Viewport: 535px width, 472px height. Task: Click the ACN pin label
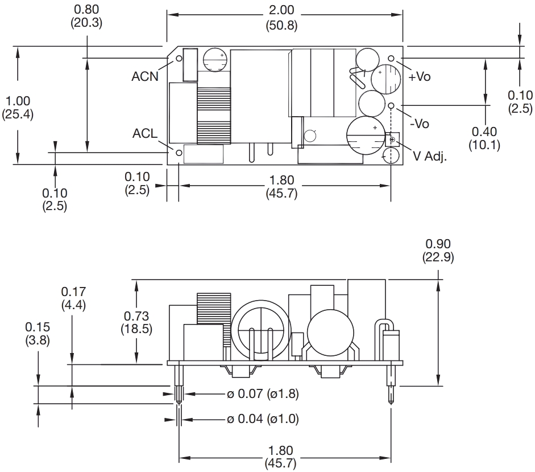145,77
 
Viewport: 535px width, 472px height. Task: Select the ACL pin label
145,134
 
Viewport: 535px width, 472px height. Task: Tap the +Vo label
419,77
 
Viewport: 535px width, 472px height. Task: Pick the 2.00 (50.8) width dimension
281,18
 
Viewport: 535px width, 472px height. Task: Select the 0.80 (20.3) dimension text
86,16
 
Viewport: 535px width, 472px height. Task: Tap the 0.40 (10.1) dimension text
484,138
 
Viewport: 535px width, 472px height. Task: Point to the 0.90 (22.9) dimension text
438,251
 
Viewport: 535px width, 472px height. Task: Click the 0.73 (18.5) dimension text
136,322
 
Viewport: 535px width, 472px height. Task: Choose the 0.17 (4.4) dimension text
73,298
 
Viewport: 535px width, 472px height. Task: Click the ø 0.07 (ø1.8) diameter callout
263,393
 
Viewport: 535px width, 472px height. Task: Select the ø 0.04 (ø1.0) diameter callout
263,420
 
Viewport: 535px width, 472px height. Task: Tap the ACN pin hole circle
179,58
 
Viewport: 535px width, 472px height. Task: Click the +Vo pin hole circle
391,58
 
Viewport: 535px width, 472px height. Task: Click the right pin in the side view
392,384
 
